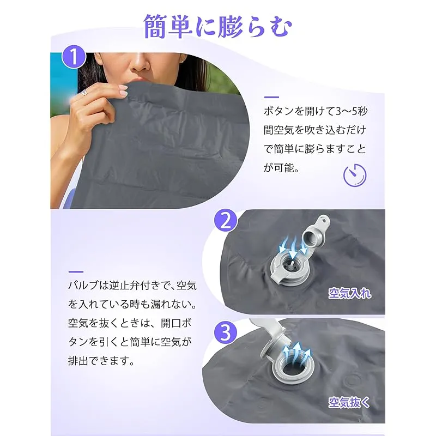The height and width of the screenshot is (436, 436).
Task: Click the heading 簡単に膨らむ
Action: click(x=217, y=26)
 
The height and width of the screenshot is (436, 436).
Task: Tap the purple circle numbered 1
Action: click(x=74, y=57)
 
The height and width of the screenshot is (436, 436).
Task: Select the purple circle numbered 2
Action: click(x=226, y=221)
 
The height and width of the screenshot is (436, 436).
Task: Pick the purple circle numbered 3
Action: click(x=226, y=332)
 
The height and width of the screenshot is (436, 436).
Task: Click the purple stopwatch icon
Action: click(x=355, y=175)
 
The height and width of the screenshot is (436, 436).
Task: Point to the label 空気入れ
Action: click(x=349, y=293)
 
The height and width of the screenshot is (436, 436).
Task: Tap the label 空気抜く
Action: click(x=349, y=402)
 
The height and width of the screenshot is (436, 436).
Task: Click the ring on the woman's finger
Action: click(x=85, y=93)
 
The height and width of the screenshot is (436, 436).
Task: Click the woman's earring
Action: click(x=183, y=61)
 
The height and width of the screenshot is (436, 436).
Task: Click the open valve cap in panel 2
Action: click(x=316, y=233)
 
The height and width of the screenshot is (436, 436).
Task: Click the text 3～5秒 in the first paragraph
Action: click(x=352, y=111)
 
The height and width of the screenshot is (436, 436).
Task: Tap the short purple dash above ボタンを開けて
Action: click(x=271, y=98)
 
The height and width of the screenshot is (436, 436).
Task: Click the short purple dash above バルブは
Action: click(x=76, y=271)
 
